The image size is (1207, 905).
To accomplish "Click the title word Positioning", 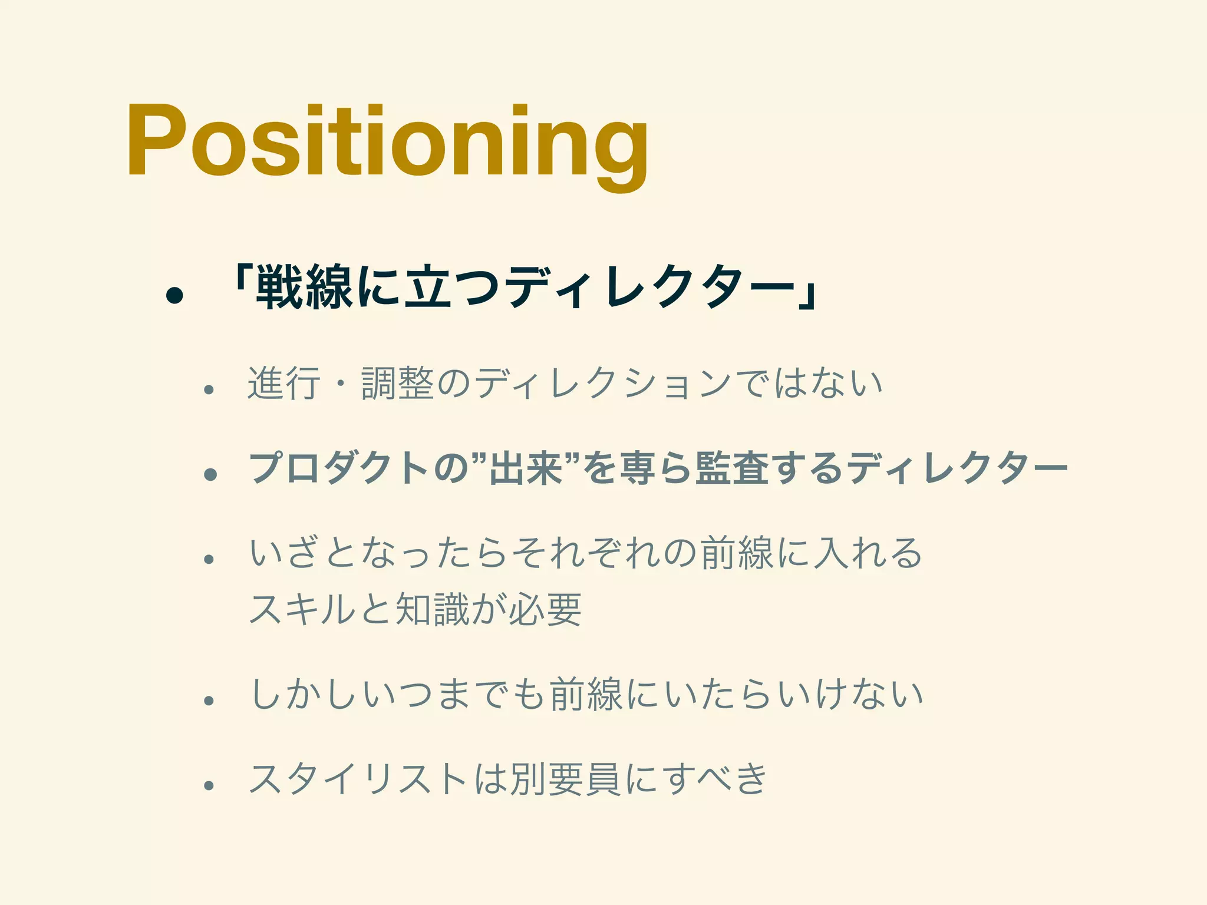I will pos(387,141).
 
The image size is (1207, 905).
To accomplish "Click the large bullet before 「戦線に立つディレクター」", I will pos(174,295).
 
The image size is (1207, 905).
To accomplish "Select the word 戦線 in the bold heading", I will pos(304,288).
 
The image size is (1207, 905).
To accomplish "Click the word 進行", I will pos(284,384).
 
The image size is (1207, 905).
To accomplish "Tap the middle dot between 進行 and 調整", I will pos(341,384).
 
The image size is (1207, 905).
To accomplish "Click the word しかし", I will pos(305,695).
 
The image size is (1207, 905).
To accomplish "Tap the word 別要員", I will pos(565,779).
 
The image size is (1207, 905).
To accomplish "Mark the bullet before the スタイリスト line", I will pos(208,785).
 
